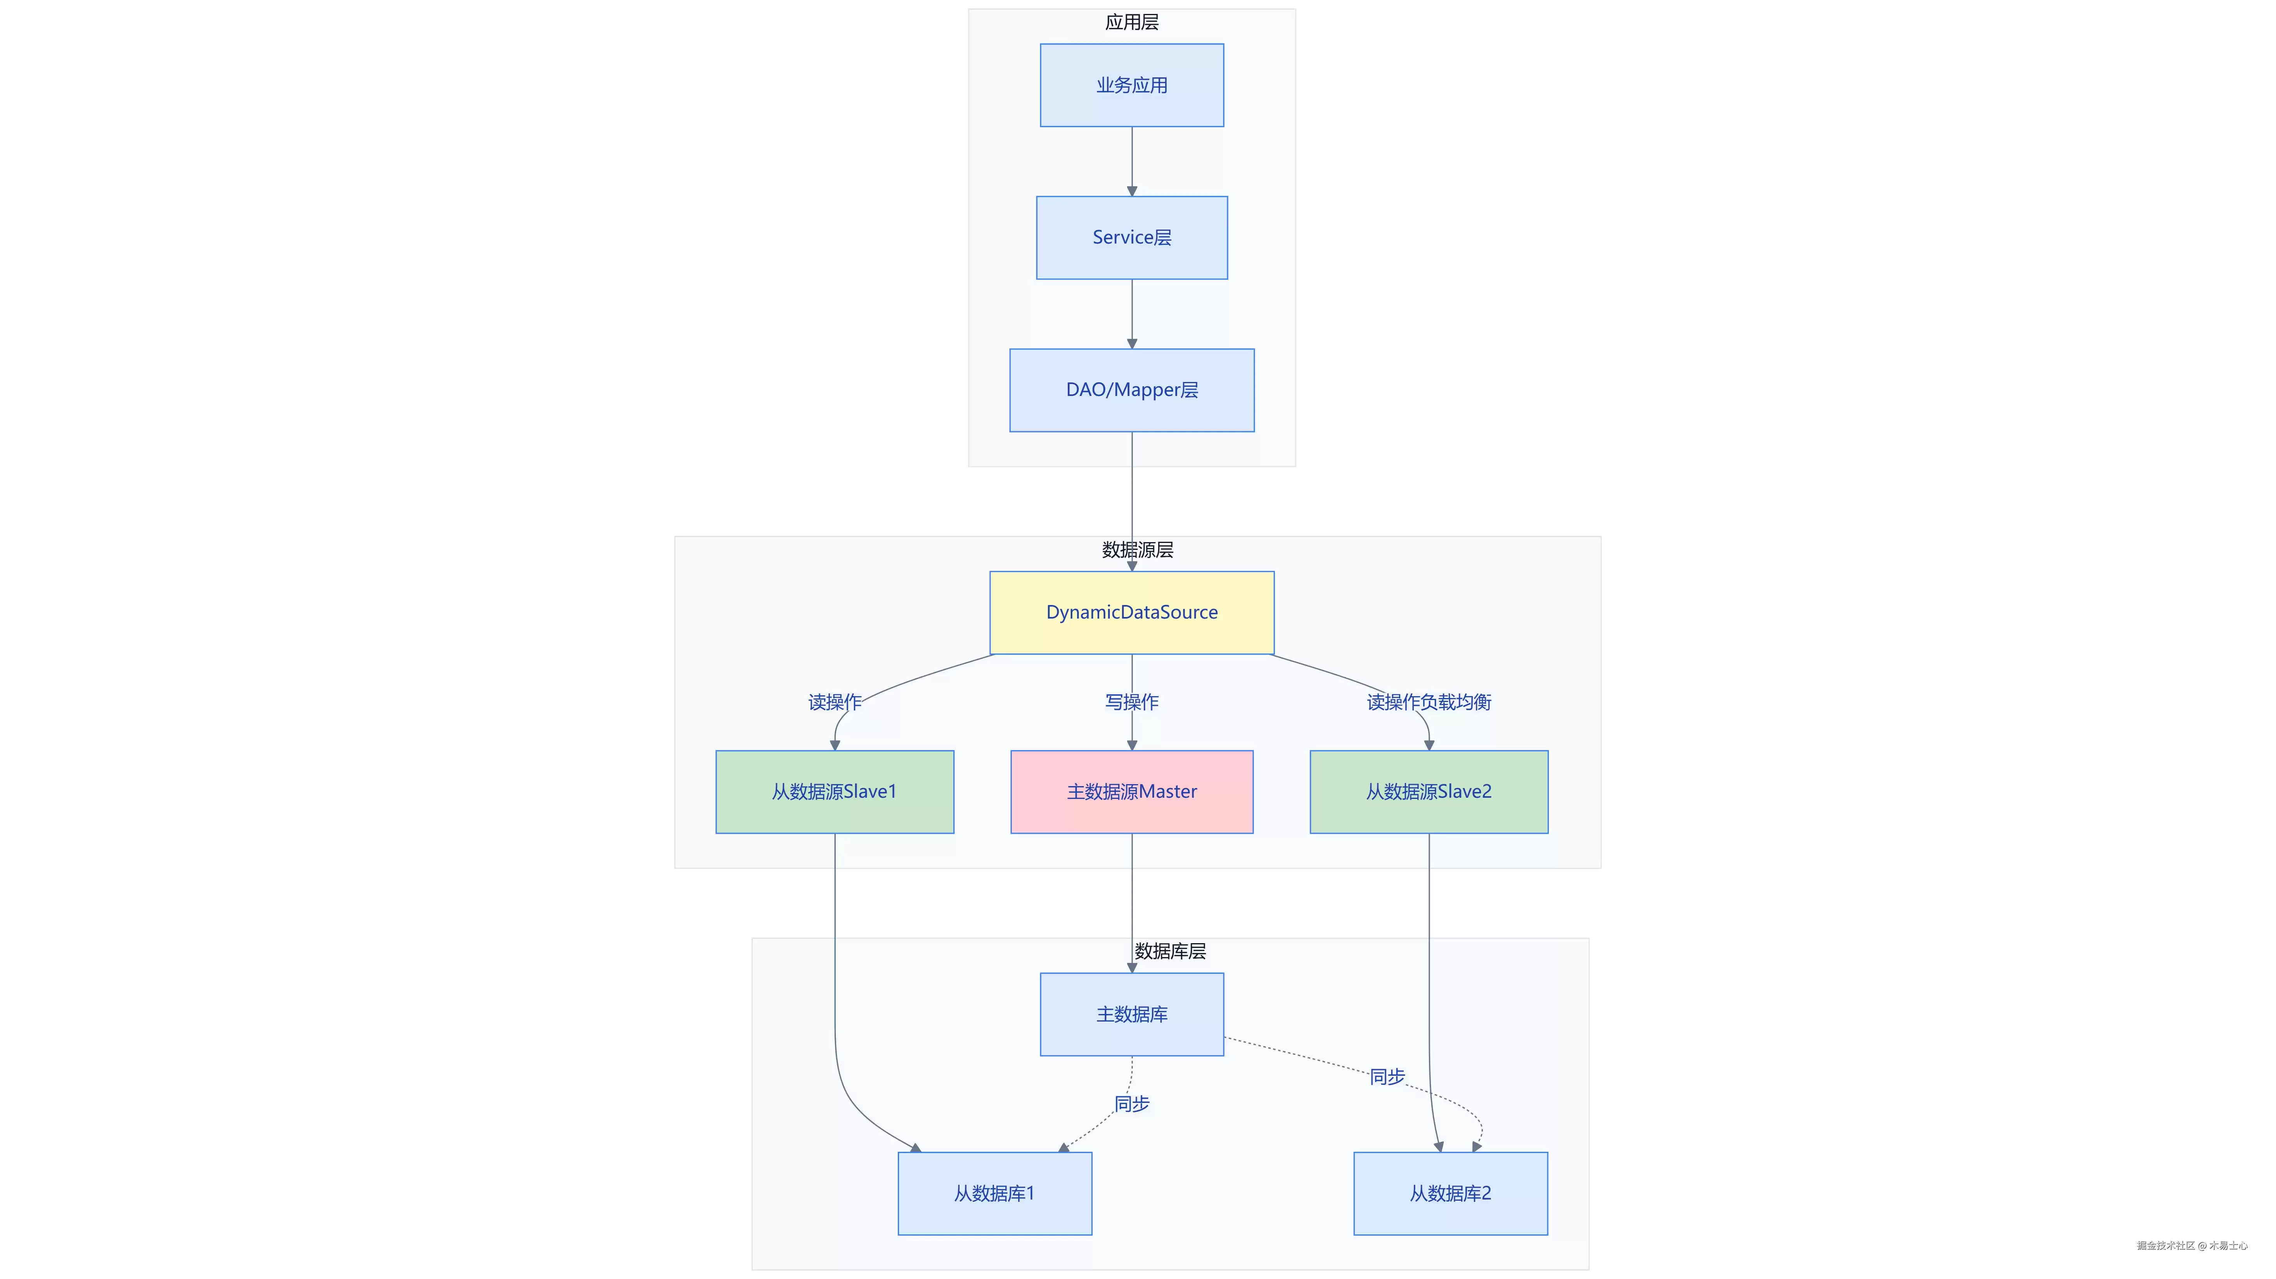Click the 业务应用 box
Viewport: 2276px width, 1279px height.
(1132, 85)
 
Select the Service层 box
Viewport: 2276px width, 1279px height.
(1132, 238)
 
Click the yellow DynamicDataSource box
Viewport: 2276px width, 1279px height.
(1132, 612)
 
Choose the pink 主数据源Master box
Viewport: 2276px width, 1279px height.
(1132, 792)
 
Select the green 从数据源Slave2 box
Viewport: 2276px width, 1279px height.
(1429, 792)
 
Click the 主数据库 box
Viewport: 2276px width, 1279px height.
(1132, 1014)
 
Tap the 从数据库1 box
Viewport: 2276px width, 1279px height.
(995, 1193)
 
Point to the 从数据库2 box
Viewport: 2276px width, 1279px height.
(1451, 1193)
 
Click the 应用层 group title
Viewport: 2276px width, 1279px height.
(1132, 22)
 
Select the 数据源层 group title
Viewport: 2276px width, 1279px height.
(1138, 550)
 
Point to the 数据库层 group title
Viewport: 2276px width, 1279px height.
(1171, 951)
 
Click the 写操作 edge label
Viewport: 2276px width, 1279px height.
(1132, 702)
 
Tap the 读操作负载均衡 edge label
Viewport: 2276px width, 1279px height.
(1429, 702)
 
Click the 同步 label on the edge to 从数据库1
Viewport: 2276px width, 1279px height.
(1132, 1103)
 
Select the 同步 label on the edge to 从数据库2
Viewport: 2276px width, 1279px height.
(1387, 1077)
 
